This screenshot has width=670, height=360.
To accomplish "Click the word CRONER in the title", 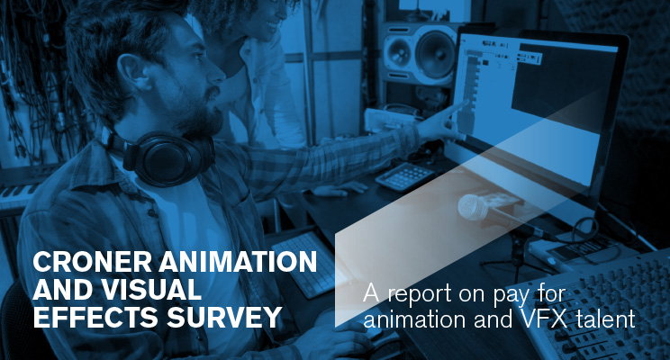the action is (x=92, y=262).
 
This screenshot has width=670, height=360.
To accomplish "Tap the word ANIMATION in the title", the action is (x=238, y=262).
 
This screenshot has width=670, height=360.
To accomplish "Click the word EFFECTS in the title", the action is (x=95, y=318).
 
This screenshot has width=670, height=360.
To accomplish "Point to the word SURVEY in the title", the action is (x=224, y=318).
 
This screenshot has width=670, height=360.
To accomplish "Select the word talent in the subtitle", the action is (x=606, y=319).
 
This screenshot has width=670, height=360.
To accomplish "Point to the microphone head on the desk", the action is (x=473, y=208).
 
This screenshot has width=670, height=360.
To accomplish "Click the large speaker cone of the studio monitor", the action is (x=435, y=53).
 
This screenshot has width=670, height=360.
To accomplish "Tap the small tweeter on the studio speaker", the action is (x=398, y=51).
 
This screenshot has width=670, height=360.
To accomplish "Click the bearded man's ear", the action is (x=131, y=72).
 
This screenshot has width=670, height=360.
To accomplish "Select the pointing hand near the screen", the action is (x=440, y=123).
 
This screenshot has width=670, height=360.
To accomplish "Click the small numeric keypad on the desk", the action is (x=404, y=175).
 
